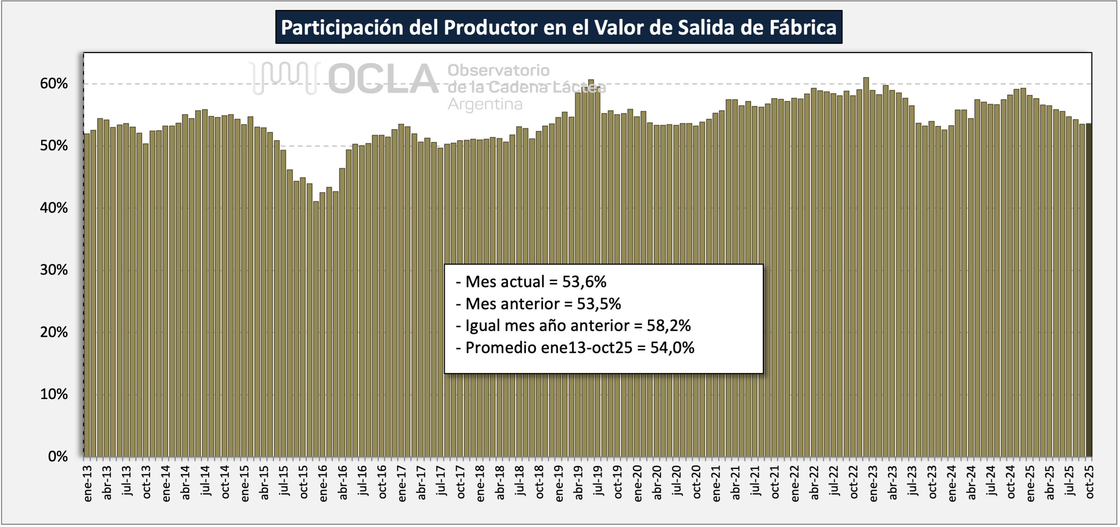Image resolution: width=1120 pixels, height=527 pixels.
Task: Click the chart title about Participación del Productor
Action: pyautogui.click(x=558, y=27)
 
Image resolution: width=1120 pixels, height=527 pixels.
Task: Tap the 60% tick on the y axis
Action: pyautogui.click(x=54, y=83)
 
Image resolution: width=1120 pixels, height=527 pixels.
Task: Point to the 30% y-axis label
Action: pyautogui.click(x=54, y=270)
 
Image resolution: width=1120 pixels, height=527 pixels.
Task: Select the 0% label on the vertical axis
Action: pyautogui.click(x=58, y=456)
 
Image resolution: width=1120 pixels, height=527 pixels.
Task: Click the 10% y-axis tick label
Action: pyautogui.click(x=54, y=394)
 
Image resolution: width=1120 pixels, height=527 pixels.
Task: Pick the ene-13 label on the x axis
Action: pyautogui.click(x=87, y=484)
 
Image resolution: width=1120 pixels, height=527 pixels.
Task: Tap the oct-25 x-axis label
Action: pyautogui.click(x=1089, y=482)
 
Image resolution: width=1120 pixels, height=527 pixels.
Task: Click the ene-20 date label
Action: pyautogui.click(x=637, y=484)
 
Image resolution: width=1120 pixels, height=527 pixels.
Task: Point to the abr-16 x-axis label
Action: pyautogui.click(x=343, y=483)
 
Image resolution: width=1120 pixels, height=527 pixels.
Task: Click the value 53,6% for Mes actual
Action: pyautogui.click(x=584, y=282)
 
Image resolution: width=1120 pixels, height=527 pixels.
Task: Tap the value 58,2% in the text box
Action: pyautogui.click(x=668, y=325)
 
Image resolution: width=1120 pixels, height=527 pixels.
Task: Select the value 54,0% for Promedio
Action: pyautogui.click(x=672, y=348)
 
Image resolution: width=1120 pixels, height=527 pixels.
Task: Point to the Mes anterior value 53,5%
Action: pyautogui.click(x=599, y=304)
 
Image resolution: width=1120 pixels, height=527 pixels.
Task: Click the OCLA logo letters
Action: pyautogui.click(x=383, y=79)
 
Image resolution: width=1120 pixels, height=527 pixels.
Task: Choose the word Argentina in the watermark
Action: pyautogui.click(x=485, y=104)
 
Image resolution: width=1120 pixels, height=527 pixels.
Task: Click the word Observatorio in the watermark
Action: pyautogui.click(x=498, y=71)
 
